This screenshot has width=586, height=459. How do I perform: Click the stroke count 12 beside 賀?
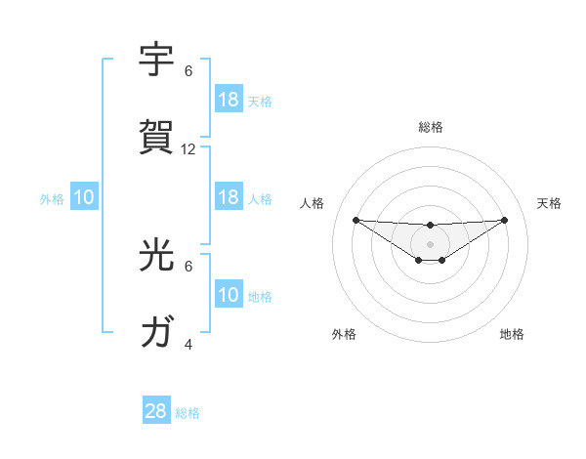click(x=188, y=149)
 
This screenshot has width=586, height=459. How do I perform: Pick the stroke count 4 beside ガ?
click(x=188, y=344)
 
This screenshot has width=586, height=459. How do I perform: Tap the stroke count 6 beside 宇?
click(x=188, y=71)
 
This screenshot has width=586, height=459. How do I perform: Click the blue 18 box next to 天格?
click(x=229, y=100)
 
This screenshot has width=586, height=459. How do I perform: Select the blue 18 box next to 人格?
click(x=229, y=197)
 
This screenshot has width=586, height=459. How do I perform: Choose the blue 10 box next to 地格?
click(x=229, y=295)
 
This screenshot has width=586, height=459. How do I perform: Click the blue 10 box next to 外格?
click(x=84, y=197)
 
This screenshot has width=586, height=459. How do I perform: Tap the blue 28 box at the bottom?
click(x=156, y=411)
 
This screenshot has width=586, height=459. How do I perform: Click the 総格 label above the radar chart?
click(x=430, y=127)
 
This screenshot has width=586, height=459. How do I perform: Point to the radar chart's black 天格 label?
click(x=550, y=203)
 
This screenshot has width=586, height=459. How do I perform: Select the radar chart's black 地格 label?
click(x=512, y=334)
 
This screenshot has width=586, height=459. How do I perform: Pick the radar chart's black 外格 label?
click(x=344, y=334)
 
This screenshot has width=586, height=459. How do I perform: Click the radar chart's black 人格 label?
click(x=313, y=203)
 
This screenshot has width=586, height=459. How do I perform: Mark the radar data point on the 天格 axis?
click(x=504, y=220)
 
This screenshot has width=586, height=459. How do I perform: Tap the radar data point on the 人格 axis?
click(x=356, y=220)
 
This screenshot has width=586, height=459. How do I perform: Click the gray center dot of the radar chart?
click(x=430, y=243)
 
